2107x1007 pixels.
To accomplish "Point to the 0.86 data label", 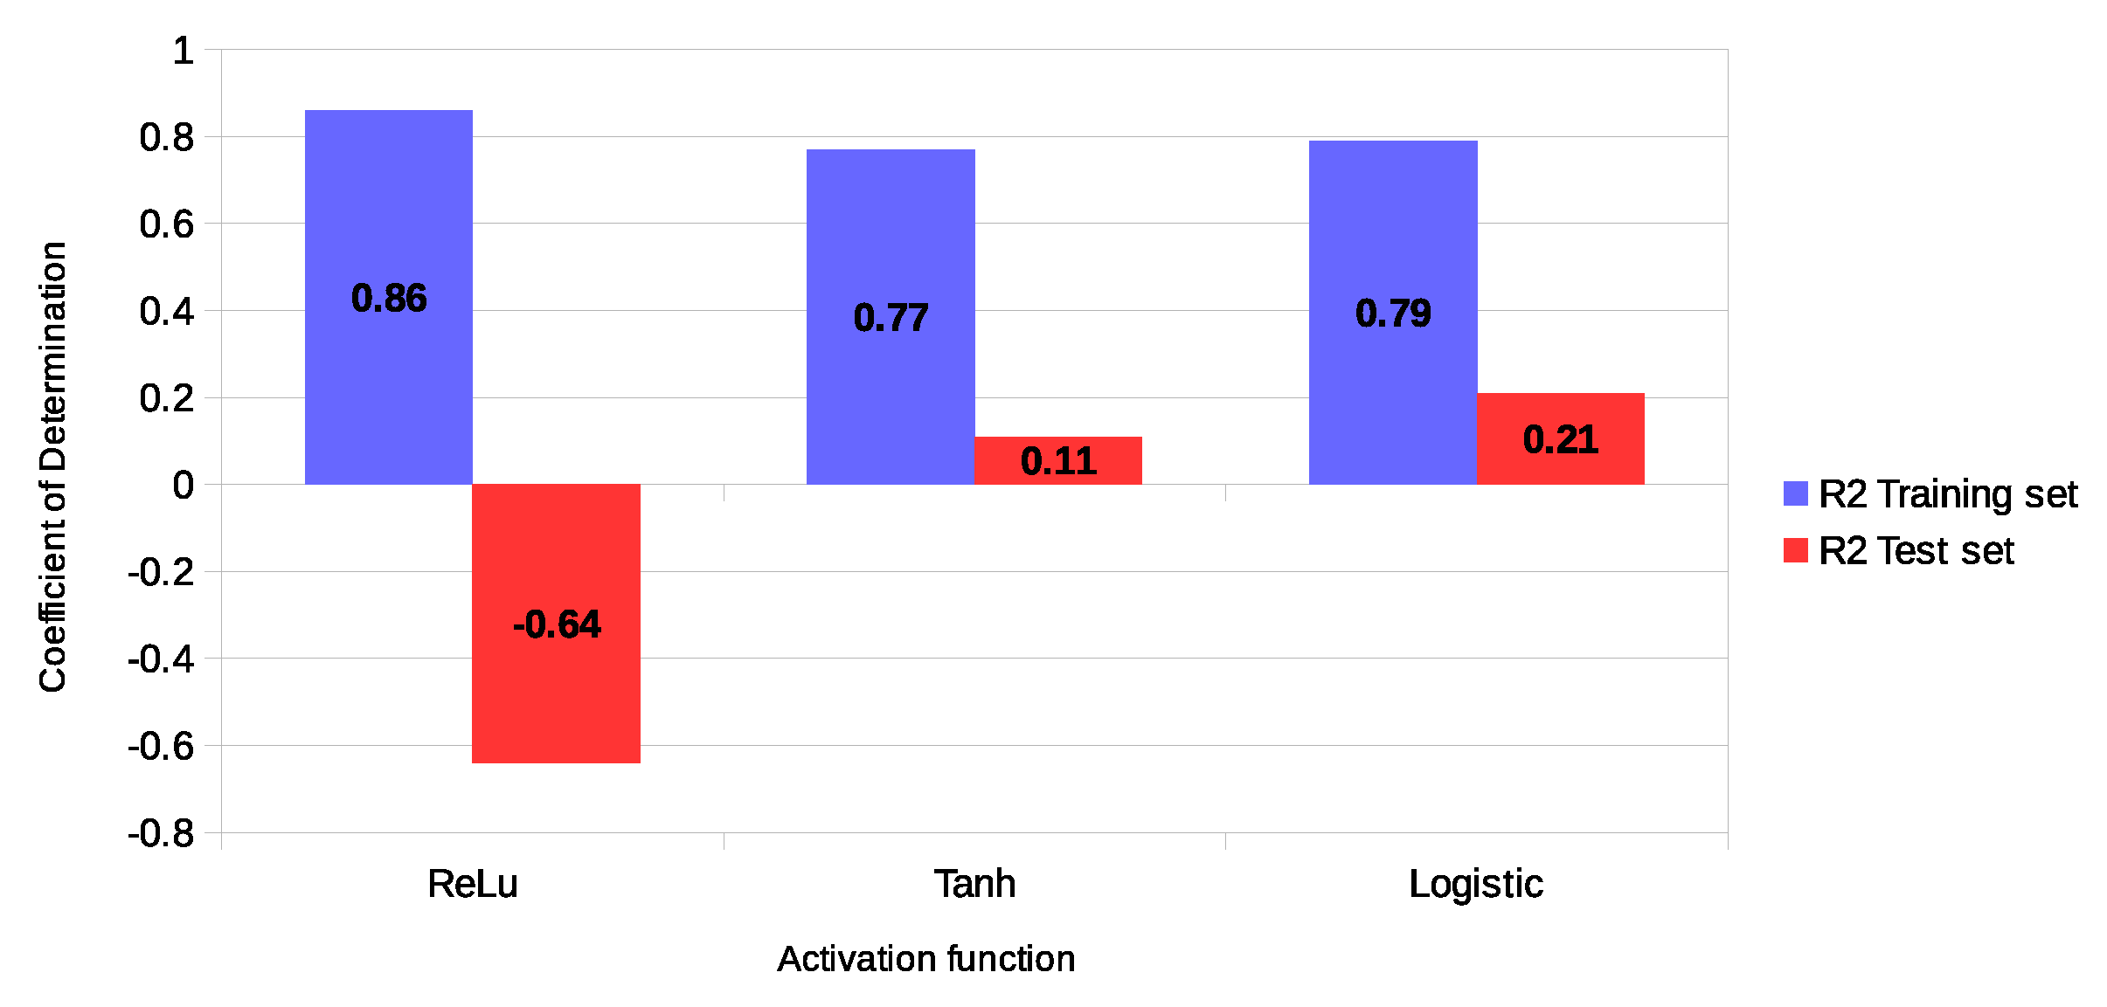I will [389, 299].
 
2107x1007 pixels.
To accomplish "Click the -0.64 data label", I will [557, 624].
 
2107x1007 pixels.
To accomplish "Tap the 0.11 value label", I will [1058, 461].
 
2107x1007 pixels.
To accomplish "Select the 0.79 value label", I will [1393, 313].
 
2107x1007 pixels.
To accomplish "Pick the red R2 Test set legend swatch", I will [1795, 550].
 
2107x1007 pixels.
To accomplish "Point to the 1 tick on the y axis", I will [183, 51].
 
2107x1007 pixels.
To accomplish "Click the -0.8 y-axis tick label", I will [161, 833].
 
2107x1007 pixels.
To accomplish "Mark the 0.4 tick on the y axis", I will [166, 311].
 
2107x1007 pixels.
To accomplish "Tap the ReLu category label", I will [472, 884].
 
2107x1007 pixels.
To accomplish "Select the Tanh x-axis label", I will [974, 884].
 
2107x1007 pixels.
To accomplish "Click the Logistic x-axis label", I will [1476, 884].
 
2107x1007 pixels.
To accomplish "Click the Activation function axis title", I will [925, 959].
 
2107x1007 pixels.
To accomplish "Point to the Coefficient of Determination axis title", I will [52, 467].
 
